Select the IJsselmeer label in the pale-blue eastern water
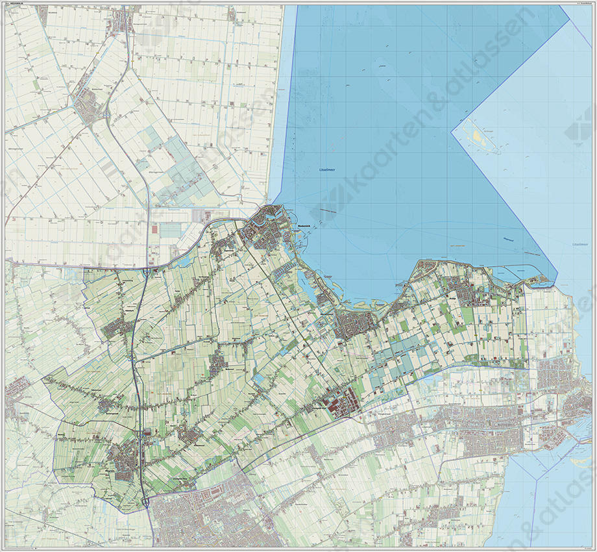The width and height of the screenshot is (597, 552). (x=579, y=244)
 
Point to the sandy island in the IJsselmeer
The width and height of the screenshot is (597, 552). (x=480, y=137)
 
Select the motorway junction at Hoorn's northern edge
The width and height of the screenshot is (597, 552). (x=148, y=501)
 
